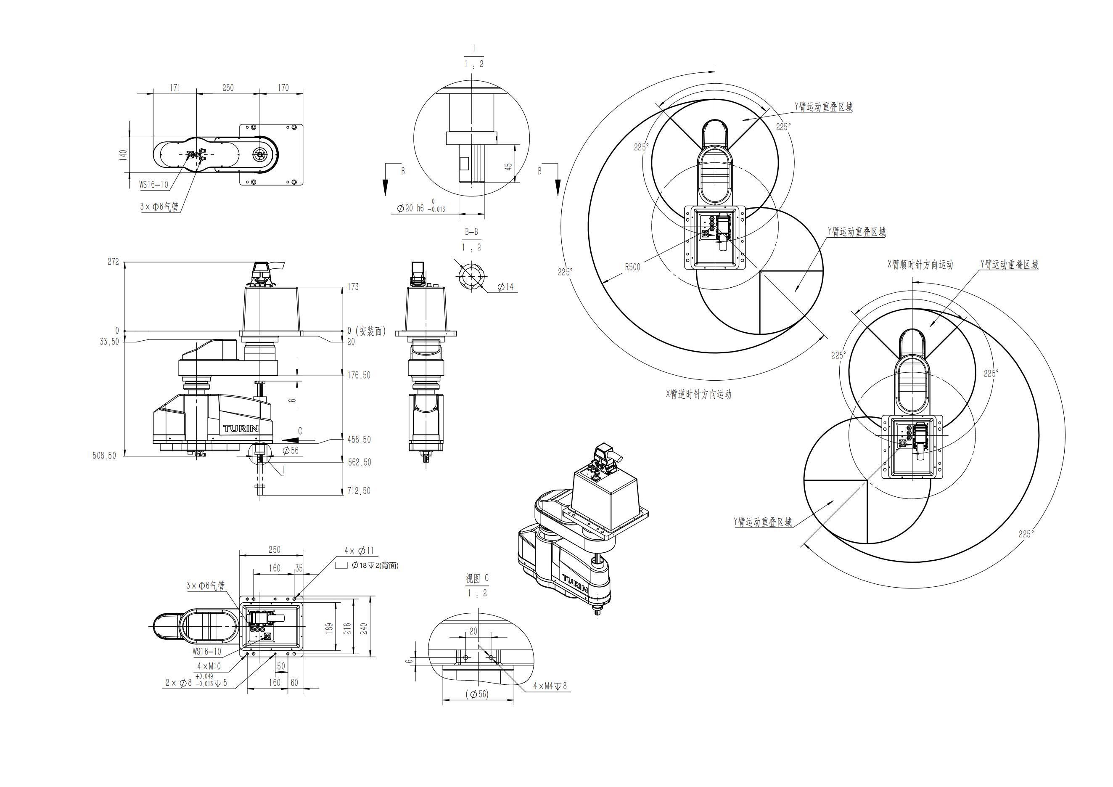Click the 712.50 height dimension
click(x=359, y=491)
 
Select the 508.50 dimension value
click(x=104, y=456)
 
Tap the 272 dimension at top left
click(x=113, y=261)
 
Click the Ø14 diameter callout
click(x=505, y=287)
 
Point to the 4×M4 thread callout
click(x=549, y=686)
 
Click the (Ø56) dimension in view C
click(x=477, y=694)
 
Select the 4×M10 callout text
click(x=209, y=666)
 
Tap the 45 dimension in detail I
click(x=508, y=166)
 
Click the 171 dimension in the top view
click(x=174, y=88)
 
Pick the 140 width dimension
click(x=124, y=155)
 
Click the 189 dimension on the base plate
click(x=329, y=628)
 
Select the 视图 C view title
click(x=477, y=578)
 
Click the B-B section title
click(x=471, y=232)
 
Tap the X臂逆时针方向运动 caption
click(x=698, y=394)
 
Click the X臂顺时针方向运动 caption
click(x=920, y=265)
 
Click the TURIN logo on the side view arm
click(x=241, y=429)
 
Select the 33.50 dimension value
click(x=109, y=342)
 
